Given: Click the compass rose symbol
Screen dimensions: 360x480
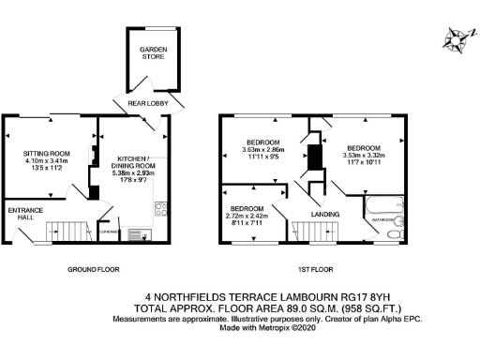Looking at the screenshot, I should point(457,38).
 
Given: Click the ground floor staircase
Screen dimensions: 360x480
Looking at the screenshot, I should point(67,228).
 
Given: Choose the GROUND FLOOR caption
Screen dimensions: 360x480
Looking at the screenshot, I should point(92,269).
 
